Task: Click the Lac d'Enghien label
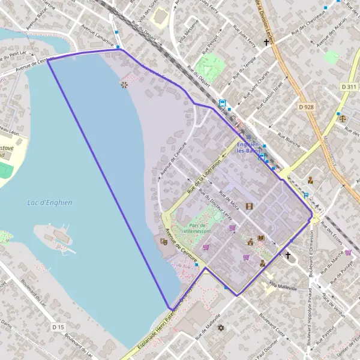pyautogui.click(x=50, y=203)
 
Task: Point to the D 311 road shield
pyautogui.click(x=349, y=87)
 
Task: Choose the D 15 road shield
pyautogui.click(x=58, y=327)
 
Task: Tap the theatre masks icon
pyautogui.click(x=163, y=241)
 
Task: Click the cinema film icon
pyautogui.click(x=249, y=206)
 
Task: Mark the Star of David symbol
pyautogui.click(x=220, y=328)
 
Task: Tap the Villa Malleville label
pyautogui.click(x=283, y=286)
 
